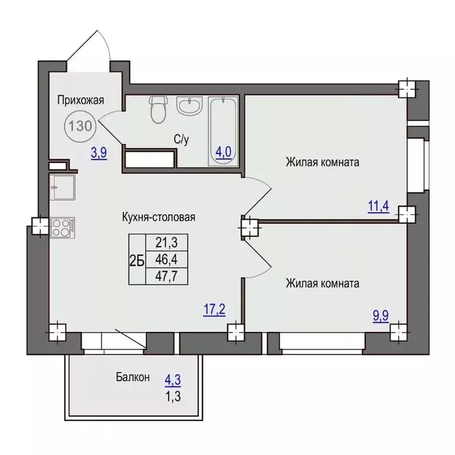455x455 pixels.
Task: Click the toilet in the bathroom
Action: coord(158,110)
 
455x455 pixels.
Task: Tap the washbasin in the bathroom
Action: coord(189,106)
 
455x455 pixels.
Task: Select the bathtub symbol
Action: coord(223,132)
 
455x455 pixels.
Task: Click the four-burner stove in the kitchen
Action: coord(62,227)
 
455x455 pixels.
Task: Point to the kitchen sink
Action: coord(62,187)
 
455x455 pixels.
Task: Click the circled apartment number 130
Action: coord(81,126)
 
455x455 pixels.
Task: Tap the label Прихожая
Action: coord(81,100)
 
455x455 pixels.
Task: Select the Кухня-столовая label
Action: coord(158,217)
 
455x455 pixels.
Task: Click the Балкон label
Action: coord(133,377)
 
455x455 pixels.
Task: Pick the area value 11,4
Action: coord(379,206)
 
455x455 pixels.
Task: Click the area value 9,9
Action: coord(380,316)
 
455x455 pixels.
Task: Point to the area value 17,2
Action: coord(214,310)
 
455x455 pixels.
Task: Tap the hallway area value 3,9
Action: coord(99,153)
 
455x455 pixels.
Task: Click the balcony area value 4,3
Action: coord(173,380)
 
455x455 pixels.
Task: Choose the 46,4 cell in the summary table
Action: coord(166,259)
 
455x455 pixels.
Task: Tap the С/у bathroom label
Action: coord(181,140)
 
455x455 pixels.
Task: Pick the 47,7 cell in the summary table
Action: coord(166,276)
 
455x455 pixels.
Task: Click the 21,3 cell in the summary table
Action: coord(166,242)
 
